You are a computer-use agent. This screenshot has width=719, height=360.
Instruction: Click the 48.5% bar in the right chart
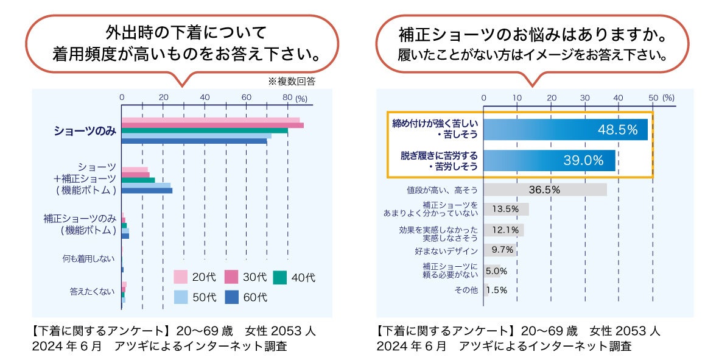[566, 129]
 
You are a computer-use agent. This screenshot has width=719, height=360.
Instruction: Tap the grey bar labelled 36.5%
[545, 189]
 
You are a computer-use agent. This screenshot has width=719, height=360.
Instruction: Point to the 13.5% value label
[505, 209]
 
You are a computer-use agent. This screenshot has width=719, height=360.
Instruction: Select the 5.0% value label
[496, 270]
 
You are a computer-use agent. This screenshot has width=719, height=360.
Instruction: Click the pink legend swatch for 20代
[180, 277]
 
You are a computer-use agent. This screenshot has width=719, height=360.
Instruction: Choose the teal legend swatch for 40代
[279, 277]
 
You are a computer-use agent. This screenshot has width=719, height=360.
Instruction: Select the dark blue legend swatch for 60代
[231, 297]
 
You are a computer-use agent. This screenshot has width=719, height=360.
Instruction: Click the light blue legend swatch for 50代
[180, 297]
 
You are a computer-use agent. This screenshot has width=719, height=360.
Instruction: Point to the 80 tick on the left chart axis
[287, 97]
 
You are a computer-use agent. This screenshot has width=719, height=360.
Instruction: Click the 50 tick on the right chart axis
[653, 97]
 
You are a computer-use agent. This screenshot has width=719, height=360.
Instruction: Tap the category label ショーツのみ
[85, 131]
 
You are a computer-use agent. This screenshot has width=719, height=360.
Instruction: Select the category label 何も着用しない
[88, 259]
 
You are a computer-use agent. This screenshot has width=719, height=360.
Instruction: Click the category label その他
[466, 290]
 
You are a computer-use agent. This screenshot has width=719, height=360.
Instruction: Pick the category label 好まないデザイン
[446, 250]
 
